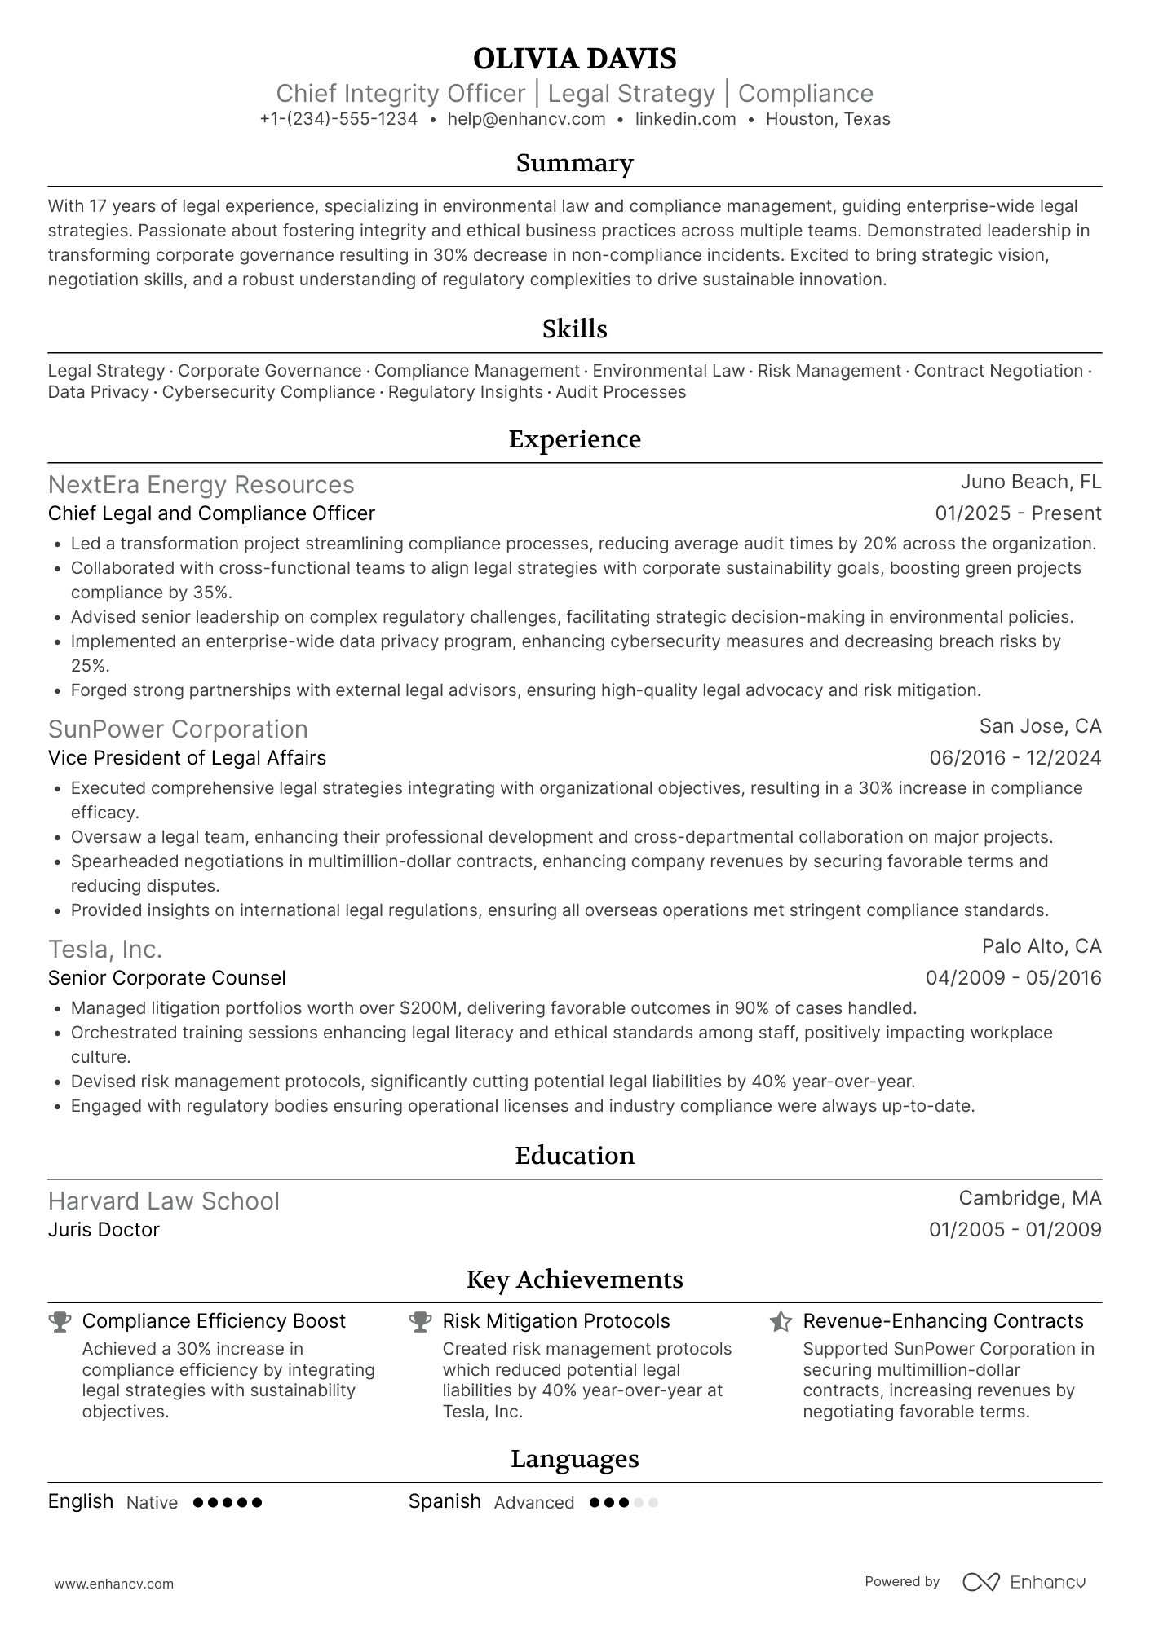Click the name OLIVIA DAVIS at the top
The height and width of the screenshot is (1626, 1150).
574,59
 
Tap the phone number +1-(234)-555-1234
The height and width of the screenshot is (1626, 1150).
338,119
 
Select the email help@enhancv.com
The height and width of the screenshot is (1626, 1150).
526,119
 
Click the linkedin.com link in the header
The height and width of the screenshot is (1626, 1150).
685,119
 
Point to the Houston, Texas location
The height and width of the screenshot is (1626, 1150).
828,119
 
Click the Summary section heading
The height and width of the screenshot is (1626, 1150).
574,163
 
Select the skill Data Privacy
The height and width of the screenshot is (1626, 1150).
98,392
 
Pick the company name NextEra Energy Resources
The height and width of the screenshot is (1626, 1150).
201,485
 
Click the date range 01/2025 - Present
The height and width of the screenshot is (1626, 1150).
1018,513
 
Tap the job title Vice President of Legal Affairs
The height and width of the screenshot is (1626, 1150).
187,758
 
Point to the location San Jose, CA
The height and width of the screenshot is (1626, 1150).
1040,726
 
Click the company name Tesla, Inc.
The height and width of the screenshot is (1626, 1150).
105,950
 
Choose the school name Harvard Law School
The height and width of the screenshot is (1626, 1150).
163,1201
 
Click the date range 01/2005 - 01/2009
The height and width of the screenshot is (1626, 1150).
1015,1230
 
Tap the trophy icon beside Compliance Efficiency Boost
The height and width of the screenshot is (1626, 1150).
60,1321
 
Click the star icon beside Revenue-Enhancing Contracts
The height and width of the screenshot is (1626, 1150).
781,1321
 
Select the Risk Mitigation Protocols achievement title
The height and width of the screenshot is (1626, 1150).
555,1321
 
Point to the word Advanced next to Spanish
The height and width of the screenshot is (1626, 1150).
534,1503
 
